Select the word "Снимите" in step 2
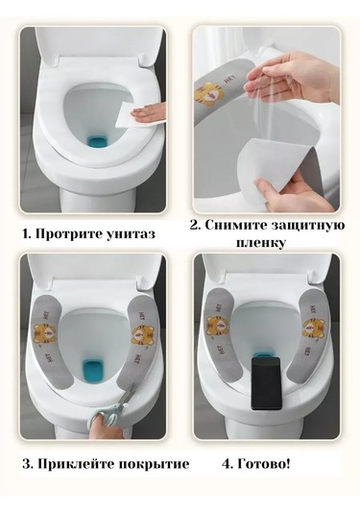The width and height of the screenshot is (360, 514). (x=236, y=226)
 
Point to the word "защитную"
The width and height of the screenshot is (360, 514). (x=308, y=227)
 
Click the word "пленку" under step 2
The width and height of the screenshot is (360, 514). (x=261, y=243)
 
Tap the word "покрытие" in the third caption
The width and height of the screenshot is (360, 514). (x=154, y=465)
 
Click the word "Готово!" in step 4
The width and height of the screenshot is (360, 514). (x=264, y=464)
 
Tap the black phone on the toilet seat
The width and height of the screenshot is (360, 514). (x=266, y=383)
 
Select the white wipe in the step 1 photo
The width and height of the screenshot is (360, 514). (x=141, y=113)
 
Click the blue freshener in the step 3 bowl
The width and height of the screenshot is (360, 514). (x=93, y=371)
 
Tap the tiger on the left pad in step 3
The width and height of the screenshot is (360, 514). (x=45, y=331)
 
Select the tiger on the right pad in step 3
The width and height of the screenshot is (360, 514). (x=141, y=334)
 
